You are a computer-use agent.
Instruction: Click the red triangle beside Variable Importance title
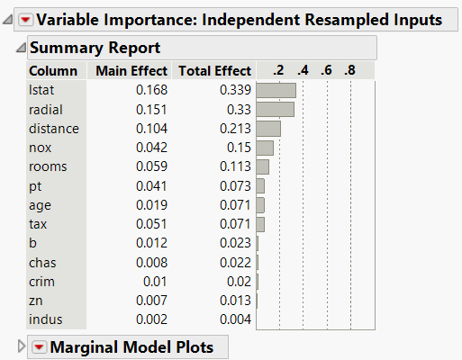click(25, 19)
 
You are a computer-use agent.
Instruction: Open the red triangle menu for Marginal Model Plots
click(40, 347)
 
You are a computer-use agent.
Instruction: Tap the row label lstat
click(41, 89)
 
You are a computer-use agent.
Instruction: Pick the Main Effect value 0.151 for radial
click(151, 109)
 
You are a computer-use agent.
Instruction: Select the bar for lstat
click(276, 90)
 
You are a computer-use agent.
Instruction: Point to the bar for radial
click(275, 109)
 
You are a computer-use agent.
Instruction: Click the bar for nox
click(265, 148)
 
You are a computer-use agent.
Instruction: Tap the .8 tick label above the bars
click(349, 70)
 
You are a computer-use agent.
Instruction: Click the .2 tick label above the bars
click(278, 70)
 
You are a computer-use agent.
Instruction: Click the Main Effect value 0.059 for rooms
click(151, 166)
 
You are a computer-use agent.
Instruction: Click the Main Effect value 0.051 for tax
click(151, 223)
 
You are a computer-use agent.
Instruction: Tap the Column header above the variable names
click(47, 70)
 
